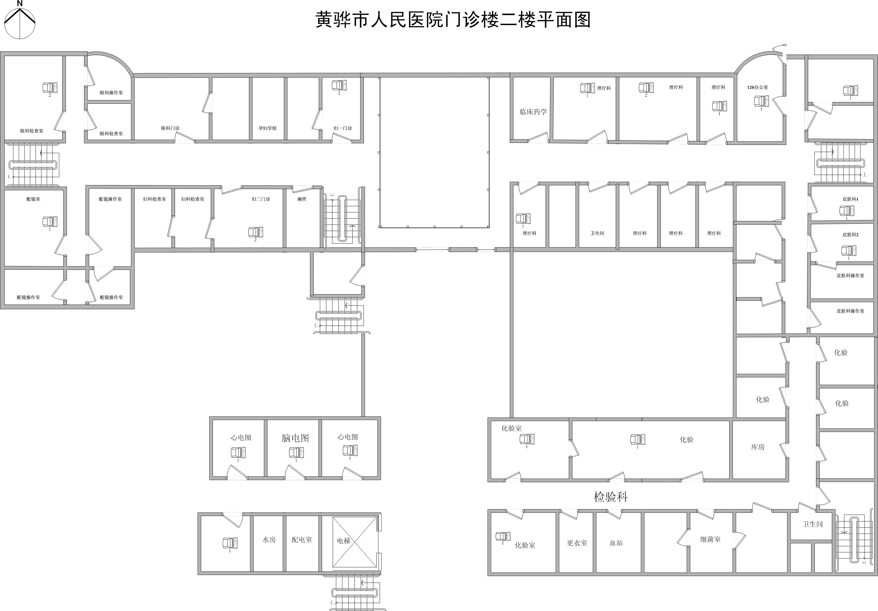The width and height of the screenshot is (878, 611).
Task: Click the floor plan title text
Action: (x=453, y=20)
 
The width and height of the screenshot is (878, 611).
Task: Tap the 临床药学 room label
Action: (x=533, y=112)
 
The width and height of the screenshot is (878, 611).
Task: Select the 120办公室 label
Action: (x=758, y=87)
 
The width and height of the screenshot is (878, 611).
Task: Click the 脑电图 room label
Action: (x=295, y=438)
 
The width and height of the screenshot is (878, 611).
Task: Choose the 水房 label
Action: (x=269, y=539)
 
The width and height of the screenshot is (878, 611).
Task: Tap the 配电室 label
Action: (x=302, y=539)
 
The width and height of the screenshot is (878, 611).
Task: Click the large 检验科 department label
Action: (x=611, y=497)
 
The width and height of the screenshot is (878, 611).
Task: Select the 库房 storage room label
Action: (x=758, y=447)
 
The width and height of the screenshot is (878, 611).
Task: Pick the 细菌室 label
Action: (x=710, y=539)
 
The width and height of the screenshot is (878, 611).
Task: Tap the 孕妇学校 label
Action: (x=267, y=128)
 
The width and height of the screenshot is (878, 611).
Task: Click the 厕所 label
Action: (x=302, y=199)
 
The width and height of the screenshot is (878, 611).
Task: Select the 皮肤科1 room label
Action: (x=850, y=199)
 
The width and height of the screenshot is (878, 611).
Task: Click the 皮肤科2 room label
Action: (x=850, y=235)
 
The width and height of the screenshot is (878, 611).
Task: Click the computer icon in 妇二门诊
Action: (x=255, y=232)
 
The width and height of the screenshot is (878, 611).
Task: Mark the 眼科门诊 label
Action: (x=170, y=128)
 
